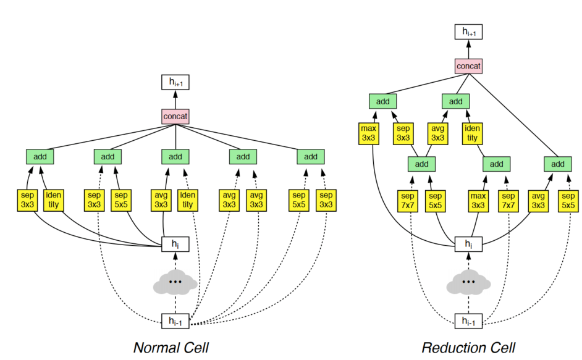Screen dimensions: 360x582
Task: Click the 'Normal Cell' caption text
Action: pos(171,348)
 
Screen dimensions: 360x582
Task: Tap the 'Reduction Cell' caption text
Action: pos(468,348)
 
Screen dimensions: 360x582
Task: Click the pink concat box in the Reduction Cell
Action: pos(468,65)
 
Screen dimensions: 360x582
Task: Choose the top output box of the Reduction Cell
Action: pos(468,31)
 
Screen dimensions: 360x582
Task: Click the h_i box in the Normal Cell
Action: pos(175,245)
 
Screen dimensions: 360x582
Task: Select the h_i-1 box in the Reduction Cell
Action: pos(468,321)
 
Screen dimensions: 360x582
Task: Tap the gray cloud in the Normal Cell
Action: pos(175,282)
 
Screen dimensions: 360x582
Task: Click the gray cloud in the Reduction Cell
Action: pos(468,282)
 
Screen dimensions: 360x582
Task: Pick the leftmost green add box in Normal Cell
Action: pos(40,157)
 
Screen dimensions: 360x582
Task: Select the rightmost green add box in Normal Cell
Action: pos(311,157)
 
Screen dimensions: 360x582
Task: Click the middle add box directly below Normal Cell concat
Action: pos(175,157)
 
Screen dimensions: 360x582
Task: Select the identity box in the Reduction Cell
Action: pos(472,133)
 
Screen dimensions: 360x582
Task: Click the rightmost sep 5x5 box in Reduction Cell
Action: pos(569,200)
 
